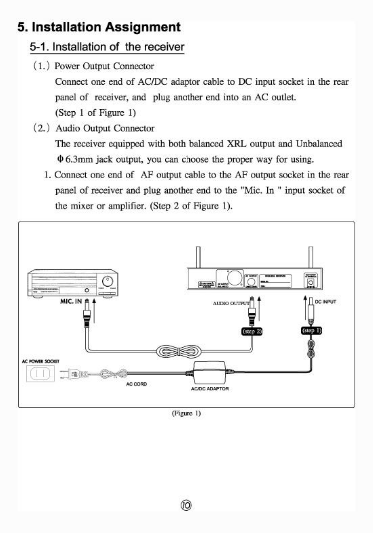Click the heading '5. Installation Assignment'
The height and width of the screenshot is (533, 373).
pos(99,27)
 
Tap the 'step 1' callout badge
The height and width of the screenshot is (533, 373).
pos(311,330)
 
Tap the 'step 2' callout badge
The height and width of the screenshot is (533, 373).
pos(252,331)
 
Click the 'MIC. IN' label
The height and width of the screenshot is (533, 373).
pos(71,301)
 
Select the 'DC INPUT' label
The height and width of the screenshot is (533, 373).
pos(325,302)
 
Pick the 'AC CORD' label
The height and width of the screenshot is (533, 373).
pos(136,384)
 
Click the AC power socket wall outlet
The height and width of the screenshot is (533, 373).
pos(40,374)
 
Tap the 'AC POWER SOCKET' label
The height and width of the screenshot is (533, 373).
pos(40,361)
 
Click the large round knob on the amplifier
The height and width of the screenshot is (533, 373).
pos(107,281)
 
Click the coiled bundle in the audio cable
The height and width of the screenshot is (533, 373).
pos(179,351)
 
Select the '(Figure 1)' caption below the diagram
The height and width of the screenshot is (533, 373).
pos(186,413)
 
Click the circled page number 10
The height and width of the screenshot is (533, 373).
pos(186,505)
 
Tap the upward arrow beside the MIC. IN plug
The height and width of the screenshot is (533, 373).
pos(94,310)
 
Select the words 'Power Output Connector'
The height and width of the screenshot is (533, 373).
pos(104,66)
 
